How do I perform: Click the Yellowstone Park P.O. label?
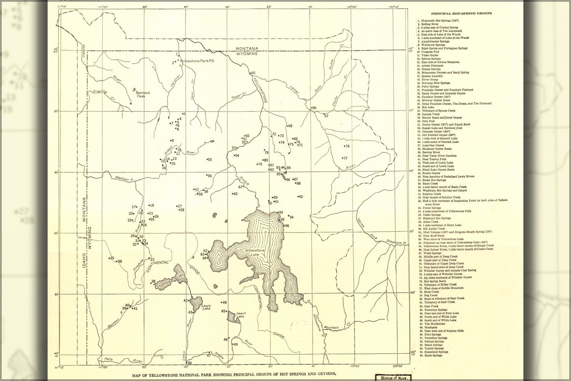coord(195,61)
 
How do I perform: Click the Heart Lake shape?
coord(232,317)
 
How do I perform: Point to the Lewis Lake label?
coord(206,307)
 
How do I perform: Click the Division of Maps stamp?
coord(392,378)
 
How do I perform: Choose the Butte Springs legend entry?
coord(431,355)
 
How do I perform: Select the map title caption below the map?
coord(234,375)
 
